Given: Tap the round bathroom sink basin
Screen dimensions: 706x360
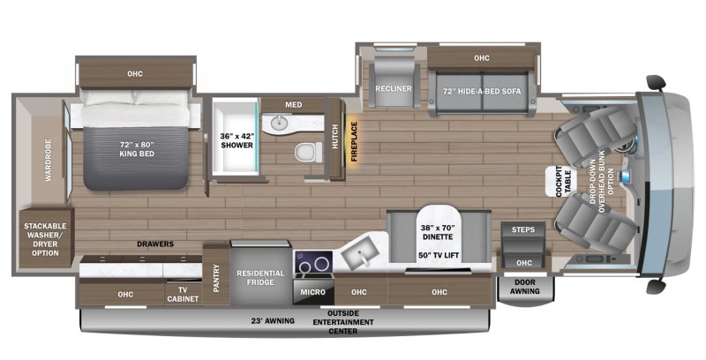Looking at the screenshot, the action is point(280,122).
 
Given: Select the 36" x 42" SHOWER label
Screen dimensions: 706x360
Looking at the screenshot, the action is point(237,140).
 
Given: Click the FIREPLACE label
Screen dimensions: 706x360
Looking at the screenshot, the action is point(354,141).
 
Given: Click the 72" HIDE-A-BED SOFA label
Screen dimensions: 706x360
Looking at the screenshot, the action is point(481,92).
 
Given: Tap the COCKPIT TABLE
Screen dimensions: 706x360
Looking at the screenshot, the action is point(563,182).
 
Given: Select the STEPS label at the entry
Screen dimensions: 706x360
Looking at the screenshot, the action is point(522,229).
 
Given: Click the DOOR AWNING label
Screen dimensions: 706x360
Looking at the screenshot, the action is point(525,287).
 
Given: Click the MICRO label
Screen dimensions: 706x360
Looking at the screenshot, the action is point(313,292).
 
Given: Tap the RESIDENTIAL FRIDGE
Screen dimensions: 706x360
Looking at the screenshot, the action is point(260,274).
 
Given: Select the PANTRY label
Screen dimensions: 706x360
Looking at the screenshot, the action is point(216,278).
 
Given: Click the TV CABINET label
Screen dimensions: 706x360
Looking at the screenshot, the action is point(183,295).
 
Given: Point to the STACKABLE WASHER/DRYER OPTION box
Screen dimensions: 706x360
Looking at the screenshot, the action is point(46,238).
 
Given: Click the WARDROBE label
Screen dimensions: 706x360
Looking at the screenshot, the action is point(49,161).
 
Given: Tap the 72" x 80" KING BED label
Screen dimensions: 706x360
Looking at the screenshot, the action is point(137,149).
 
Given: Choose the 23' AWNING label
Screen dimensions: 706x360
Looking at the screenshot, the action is point(273,321).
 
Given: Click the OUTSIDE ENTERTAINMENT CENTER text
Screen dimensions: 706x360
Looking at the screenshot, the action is point(343,322).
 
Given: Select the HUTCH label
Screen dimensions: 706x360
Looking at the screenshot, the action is point(335,136).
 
